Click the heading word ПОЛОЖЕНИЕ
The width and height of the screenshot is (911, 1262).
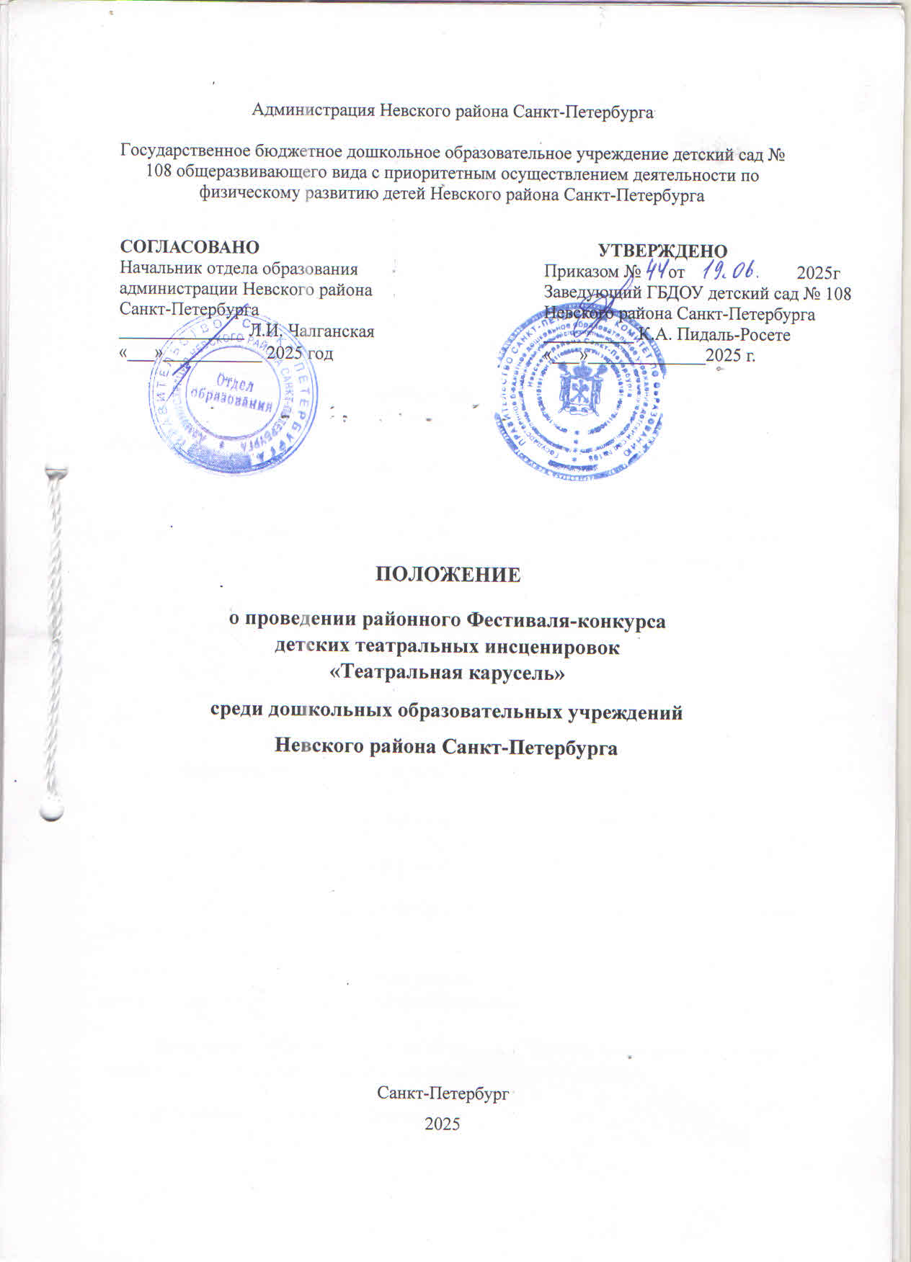448,576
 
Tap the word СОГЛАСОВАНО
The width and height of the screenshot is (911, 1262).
190,248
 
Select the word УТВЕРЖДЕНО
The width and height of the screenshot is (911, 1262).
663,251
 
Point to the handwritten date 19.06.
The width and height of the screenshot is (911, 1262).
729,271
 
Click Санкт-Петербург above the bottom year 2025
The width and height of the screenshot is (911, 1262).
443,1093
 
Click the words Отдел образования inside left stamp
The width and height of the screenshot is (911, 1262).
231,391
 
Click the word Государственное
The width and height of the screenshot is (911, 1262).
185,153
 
